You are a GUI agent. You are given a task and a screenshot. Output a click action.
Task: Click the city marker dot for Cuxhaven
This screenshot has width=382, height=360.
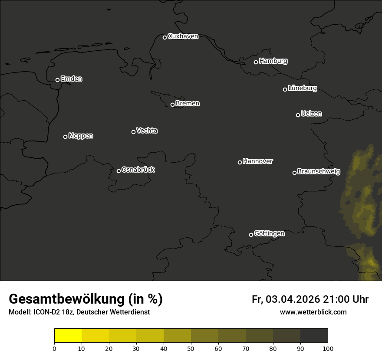pos(165,37)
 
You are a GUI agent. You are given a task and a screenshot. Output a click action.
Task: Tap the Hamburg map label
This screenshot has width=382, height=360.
pos(273,61)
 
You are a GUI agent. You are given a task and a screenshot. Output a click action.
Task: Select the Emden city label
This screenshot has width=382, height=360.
pos(71,79)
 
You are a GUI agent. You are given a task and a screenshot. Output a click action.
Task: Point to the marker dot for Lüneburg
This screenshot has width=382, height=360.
pos(285,89)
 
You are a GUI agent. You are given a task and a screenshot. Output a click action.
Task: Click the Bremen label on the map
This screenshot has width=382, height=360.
pos(188,104)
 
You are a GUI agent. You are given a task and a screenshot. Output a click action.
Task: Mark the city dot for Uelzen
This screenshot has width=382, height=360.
pos(298,115)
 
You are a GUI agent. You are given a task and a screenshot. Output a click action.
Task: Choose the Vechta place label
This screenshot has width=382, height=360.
pos(147,131)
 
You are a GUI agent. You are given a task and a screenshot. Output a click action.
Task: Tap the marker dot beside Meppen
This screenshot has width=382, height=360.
pos(65,137)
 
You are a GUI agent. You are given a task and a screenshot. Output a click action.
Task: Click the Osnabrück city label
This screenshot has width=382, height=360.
pos(138,170)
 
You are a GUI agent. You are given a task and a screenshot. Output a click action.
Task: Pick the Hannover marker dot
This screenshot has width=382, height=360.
pos(240,162)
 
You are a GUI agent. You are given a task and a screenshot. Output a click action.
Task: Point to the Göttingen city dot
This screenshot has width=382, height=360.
pos(251,235)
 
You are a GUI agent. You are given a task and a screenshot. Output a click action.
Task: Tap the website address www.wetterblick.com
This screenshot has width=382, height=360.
pos(313,312)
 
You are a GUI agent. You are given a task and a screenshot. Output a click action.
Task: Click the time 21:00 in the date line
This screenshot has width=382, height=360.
pos(336,299)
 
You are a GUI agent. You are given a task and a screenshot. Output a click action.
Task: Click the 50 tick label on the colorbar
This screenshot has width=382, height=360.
pos(191,348)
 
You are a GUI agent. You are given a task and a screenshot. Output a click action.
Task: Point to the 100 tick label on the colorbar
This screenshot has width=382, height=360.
pos(328,348)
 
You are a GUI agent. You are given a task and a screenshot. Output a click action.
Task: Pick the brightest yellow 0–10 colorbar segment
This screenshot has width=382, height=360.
pos(68,336)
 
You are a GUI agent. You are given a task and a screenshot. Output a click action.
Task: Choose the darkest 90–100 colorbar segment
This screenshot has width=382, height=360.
pos(314,336)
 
